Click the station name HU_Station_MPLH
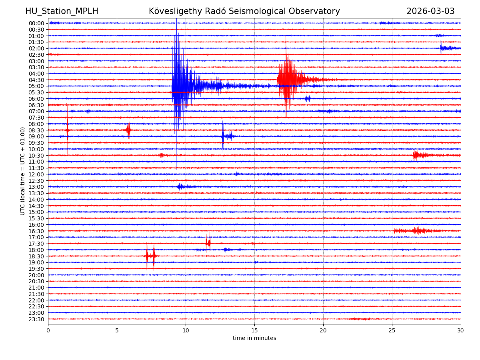[x=62, y=11]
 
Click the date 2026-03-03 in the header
[x=430, y=11]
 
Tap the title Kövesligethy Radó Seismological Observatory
[x=244, y=11]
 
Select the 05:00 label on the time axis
[x=36, y=86]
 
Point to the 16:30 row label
[x=36, y=231]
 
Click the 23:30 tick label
[x=36, y=319]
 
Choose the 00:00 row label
[x=36, y=23]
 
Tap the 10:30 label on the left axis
[x=36, y=155]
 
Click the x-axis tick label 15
[x=254, y=330]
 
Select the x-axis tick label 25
[x=392, y=330]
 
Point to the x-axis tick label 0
[x=48, y=330]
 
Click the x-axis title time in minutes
[x=254, y=338]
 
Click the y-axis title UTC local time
[x=23, y=171]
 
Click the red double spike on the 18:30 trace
[x=150, y=256]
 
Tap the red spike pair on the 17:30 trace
[x=208, y=243]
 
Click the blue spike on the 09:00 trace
[x=223, y=136]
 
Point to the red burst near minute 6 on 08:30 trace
[x=128, y=130]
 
